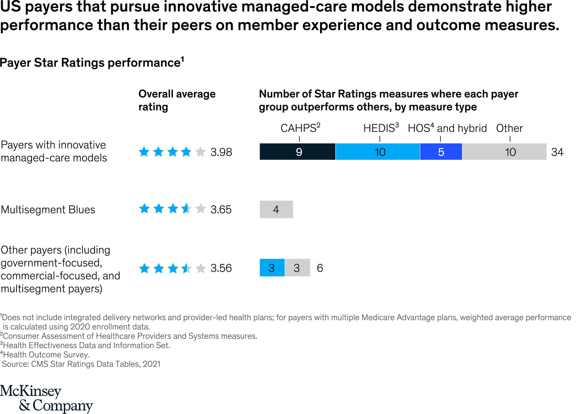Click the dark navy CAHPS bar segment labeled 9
tap(297, 151)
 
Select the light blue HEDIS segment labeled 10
tap(378, 151)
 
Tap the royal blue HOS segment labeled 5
tap(441, 151)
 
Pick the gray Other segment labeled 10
tap(504, 151)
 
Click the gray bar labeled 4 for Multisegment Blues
tap(276, 209)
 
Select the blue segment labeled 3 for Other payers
tap(272, 268)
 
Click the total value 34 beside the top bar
tap(557, 152)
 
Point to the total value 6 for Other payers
tap(320, 268)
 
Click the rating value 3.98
tap(221, 152)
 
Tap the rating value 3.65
tap(221, 209)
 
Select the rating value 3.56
tap(221, 268)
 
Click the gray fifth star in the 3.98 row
tap(200, 151)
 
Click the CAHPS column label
tap(300, 128)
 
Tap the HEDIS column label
tap(381, 128)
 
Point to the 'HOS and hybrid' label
tap(447, 128)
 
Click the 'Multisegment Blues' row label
tap(48, 209)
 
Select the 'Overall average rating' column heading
tap(177, 100)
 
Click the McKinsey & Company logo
tap(46, 398)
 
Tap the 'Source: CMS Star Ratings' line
tap(81, 364)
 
